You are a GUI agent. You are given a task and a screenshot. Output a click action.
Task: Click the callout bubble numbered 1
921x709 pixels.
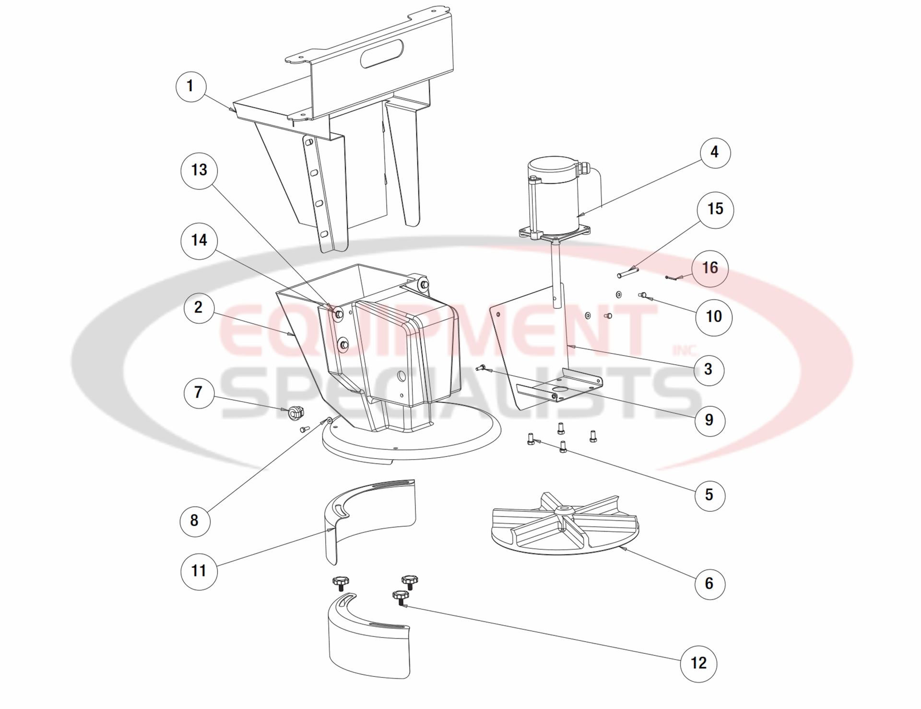(x=190, y=87)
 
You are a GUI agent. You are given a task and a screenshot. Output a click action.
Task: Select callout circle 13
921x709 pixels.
(x=199, y=170)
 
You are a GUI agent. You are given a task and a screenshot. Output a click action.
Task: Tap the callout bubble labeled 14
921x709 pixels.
(x=199, y=240)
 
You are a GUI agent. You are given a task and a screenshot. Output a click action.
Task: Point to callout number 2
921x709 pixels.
(x=199, y=307)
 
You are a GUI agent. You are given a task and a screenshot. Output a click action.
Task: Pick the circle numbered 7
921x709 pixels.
(x=199, y=392)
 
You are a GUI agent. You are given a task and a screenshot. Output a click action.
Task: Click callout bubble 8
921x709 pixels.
(x=194, y=520)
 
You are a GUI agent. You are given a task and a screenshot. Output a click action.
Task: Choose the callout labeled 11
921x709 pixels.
(x=199, y=571)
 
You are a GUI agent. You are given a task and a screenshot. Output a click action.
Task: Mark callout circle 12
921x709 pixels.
(x=698, y=663)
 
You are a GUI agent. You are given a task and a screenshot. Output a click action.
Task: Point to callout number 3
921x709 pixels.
(x=708, y=369)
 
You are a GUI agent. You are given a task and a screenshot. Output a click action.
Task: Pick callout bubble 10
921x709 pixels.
(x=714, y=317)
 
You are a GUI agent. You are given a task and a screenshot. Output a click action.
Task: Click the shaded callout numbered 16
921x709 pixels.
(x=710, y=268)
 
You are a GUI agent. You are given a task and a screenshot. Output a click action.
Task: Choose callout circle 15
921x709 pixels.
(x=715, y=209)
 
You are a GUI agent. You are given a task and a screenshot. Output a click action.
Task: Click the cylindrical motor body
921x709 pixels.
(x=554, y=197)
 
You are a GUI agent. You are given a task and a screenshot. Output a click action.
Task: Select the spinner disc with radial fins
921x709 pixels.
(x=565, y=525)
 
